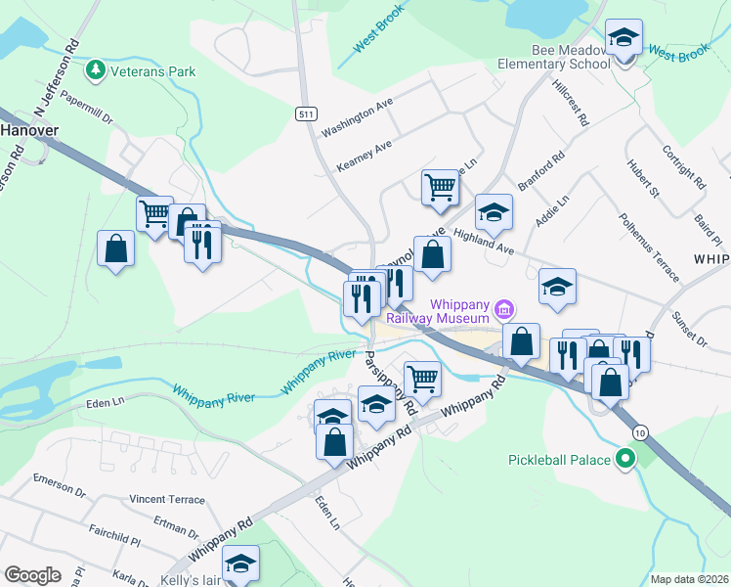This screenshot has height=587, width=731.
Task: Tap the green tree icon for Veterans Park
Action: (x=95, y=70)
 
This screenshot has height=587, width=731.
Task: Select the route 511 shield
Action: (x=306, y=114)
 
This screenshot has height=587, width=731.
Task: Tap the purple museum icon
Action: (x=504, y=310)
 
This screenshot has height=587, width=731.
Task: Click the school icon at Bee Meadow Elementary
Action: (x=623, y=39)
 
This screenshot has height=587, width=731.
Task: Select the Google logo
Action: (x=32, y=574)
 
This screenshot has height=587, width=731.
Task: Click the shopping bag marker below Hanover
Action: (x=116, y=248)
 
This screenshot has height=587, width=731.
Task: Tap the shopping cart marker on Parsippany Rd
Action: (x=421, y=377)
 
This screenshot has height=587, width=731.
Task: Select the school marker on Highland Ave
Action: (x=494, y=211)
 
